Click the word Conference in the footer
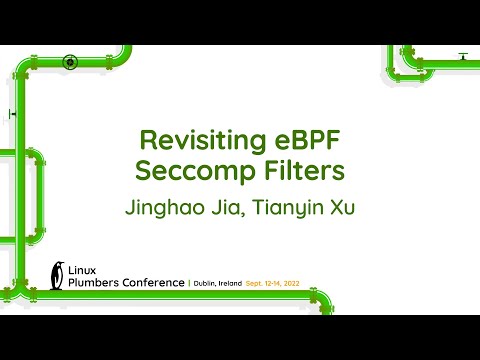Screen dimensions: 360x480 (x=152, y=283)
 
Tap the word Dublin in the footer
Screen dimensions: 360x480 (x=207, y=284)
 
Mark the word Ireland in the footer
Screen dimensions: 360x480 (x=239, y=284)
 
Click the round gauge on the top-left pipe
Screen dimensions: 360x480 (x=70, y=62)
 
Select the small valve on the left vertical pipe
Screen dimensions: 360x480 (x=13, y=114)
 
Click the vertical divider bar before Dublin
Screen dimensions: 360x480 (x=189, y=284)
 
